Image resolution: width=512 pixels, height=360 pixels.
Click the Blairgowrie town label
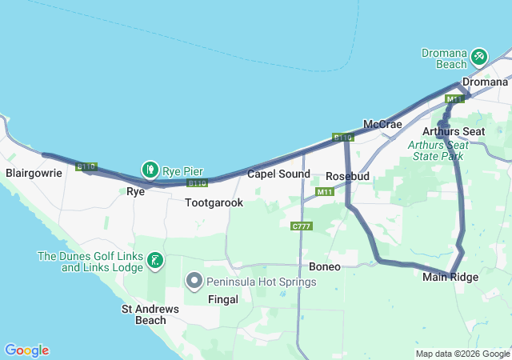click(33, 172)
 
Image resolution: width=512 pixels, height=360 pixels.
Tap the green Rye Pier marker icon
click(150, 169)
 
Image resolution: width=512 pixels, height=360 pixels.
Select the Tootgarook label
click(214, 203)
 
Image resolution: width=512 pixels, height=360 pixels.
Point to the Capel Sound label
click(278, 174)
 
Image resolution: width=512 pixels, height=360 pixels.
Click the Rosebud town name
click(346, 176)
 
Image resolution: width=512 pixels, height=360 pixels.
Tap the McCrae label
click(382, 125)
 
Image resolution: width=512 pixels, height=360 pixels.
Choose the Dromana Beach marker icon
click(479, 57)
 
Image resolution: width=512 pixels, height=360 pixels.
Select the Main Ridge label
click(450, 278)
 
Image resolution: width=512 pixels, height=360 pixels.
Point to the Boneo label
click(324, 266)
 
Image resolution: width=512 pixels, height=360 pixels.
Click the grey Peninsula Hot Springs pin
click(194, 281)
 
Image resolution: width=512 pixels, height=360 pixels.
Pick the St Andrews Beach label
click(144, 314)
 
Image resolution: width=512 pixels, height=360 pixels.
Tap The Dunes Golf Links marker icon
click(155, 260)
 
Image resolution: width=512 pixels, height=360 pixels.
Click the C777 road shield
click(302, 226)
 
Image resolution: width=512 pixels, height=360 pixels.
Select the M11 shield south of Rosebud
click(325, 192)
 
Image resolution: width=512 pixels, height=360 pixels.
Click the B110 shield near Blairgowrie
click(86, 166)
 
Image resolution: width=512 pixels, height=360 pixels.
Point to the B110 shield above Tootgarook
click(198, 183)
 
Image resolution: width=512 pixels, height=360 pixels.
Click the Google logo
click(26, 350)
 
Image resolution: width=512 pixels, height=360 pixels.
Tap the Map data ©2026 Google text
click(462, 354)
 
